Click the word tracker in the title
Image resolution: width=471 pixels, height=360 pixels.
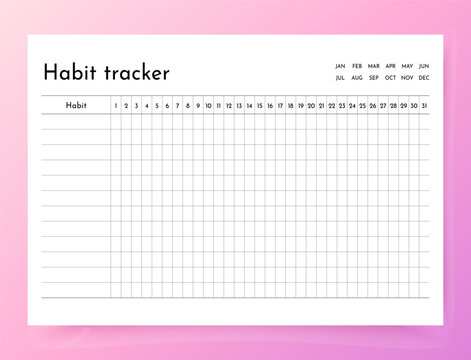click(136, 73)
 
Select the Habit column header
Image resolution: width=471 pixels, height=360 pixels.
click(76, 105)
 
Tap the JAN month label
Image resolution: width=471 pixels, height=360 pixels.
click(340, 66)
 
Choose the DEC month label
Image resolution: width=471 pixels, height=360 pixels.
click(424, 77)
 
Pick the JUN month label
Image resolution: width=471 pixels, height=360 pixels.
click(424, 66)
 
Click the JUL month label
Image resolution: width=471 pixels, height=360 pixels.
click(340, 77)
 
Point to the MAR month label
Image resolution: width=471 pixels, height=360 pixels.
click(373, 66)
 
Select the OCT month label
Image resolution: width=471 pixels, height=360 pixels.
click(390, 77)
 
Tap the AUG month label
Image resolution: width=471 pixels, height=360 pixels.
click(357, 77)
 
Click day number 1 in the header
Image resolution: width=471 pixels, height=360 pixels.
click(116, 105)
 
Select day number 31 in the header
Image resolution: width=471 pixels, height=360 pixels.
click(424, 105)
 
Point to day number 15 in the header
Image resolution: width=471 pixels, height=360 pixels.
click(259, 105)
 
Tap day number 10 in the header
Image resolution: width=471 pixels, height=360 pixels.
click(208, 105)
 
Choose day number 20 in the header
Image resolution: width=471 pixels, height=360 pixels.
click(311, 105)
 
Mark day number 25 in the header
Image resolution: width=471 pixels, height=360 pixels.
click(362, 105)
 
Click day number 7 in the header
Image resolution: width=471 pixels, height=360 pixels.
click(177, 105)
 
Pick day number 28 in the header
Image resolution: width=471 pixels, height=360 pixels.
click(393, 105)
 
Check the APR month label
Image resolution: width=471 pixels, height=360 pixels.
click(390, 66)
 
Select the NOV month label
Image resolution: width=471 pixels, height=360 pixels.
click(407, 77)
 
